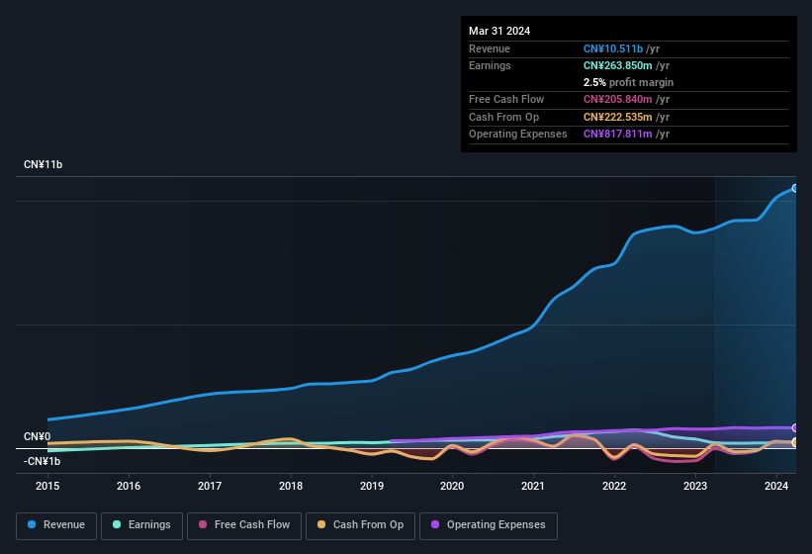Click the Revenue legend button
click(x=56, y=524)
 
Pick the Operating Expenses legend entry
click(x=489, y=524)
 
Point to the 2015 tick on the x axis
click(x=48, y=486)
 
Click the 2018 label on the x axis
click(x=291, y=486)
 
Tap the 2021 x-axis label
click(x=533, y=486)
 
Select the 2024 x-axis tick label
click(x=775, y=486)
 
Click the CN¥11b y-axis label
click(x=44, y=164)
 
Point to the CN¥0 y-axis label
click(x=37, y=436)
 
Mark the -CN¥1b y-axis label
click(x=43, y=461)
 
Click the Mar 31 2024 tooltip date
click(x=499, y=31)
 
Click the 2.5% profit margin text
click(x=628, y=82)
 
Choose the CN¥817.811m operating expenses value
click(x=618, y=134)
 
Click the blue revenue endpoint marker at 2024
click(x=795, y=188)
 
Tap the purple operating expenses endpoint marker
click(x=795, y=428)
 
